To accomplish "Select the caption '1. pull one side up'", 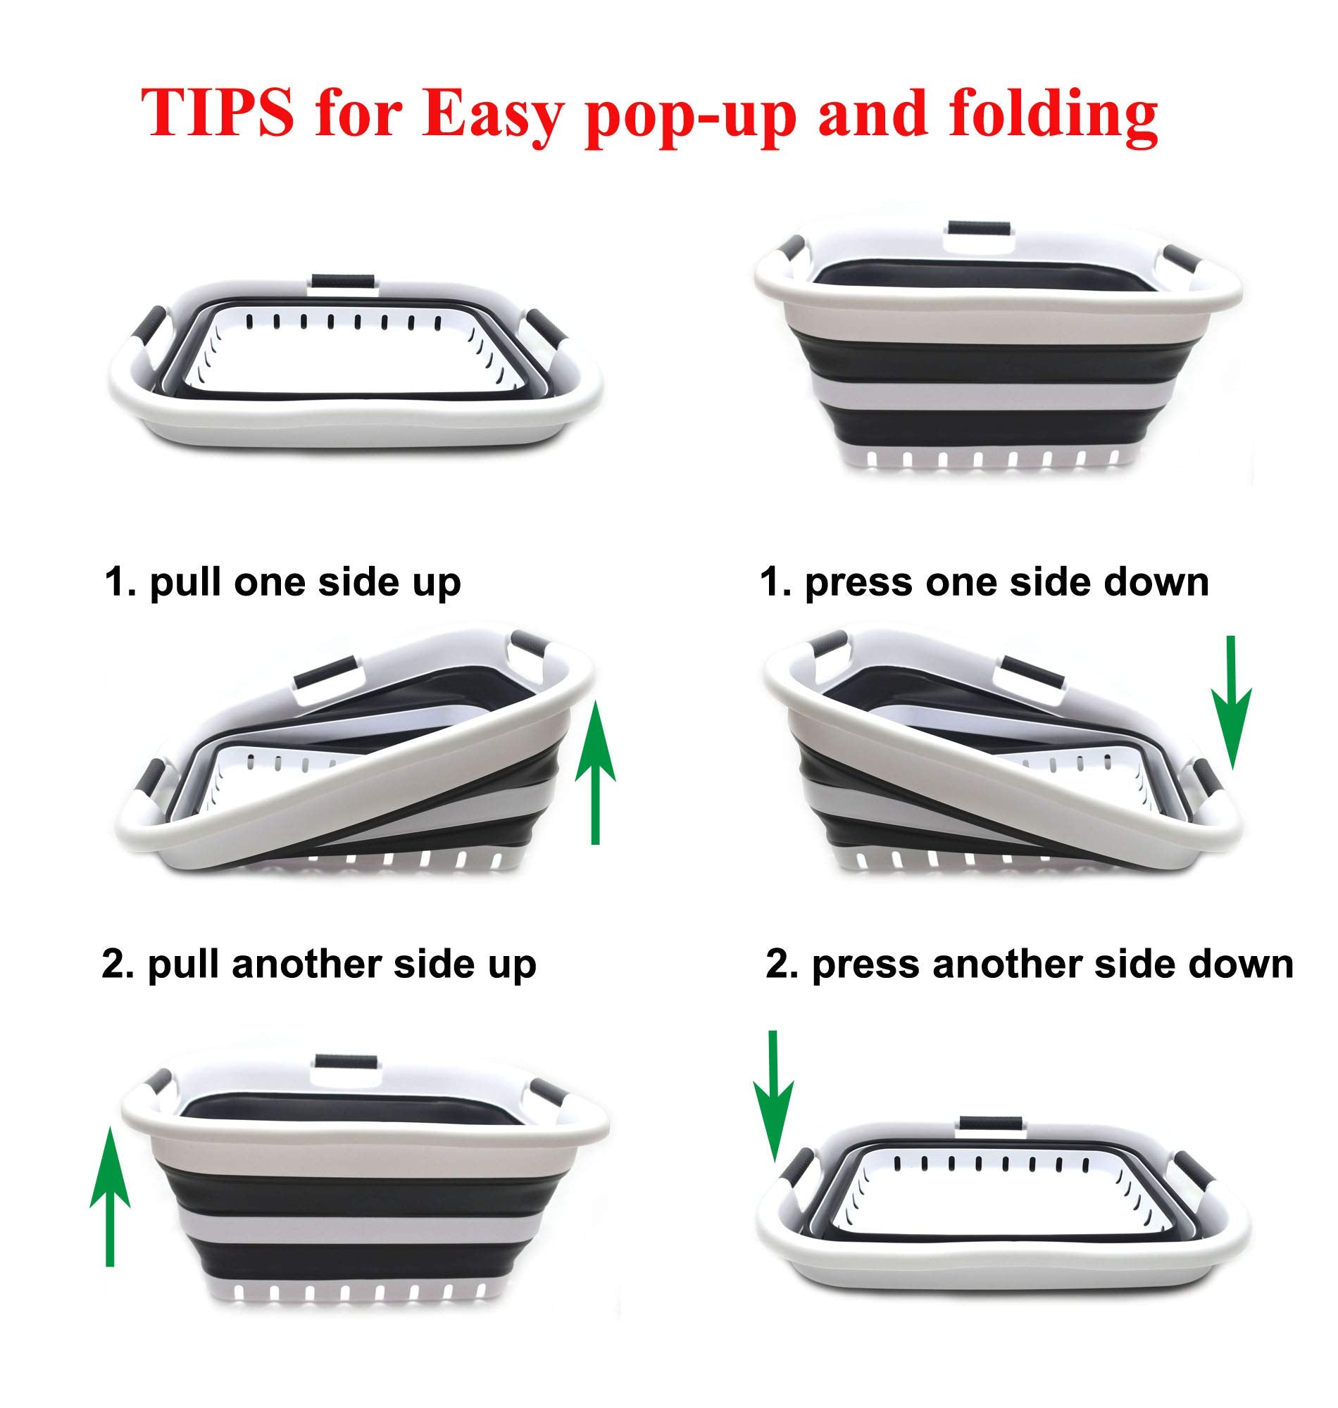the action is (x=283, y=582).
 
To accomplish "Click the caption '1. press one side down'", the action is (x=984, y=582).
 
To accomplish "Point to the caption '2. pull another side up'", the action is (x=319, y=964).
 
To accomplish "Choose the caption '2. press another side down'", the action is (x=1030, y=964).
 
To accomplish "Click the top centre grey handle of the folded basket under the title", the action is (x=341, y=279).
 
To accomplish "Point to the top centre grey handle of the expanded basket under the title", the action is (x=979, y=230).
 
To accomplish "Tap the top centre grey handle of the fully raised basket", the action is (x=345, y=1061).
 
